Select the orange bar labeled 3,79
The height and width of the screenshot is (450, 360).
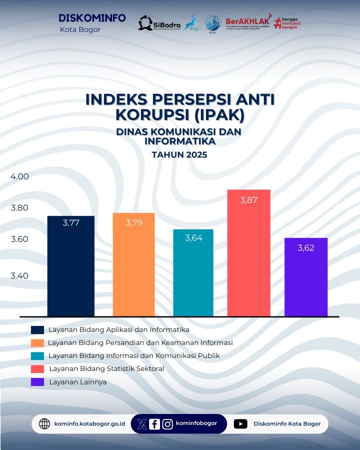[x=133, y=264]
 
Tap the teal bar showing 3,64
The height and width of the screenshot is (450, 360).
[x=193, y=272]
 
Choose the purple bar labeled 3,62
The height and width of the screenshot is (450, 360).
[x=305, y=277]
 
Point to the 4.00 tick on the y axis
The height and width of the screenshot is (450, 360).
[x=20, y=176]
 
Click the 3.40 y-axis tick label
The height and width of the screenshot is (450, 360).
[x=20, y=275]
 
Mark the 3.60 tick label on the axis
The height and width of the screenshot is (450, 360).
[x=20, y=239]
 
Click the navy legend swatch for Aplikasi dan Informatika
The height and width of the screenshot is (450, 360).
[x=37, y=330]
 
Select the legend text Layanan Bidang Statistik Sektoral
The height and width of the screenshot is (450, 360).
[x=106, y=369]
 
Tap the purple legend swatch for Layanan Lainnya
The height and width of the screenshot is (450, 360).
[x=37, y=382]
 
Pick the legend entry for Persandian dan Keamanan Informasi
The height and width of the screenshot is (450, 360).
[x=140, y=343]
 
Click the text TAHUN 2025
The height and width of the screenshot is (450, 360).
[x=179, y=155]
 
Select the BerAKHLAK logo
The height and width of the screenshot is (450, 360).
[x=248, y=22]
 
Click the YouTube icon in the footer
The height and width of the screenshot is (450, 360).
[x=240, y=424]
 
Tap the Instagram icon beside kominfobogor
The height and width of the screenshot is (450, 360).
[x=167, y=424]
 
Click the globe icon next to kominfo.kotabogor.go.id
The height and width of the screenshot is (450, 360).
[x=44, y=424]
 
